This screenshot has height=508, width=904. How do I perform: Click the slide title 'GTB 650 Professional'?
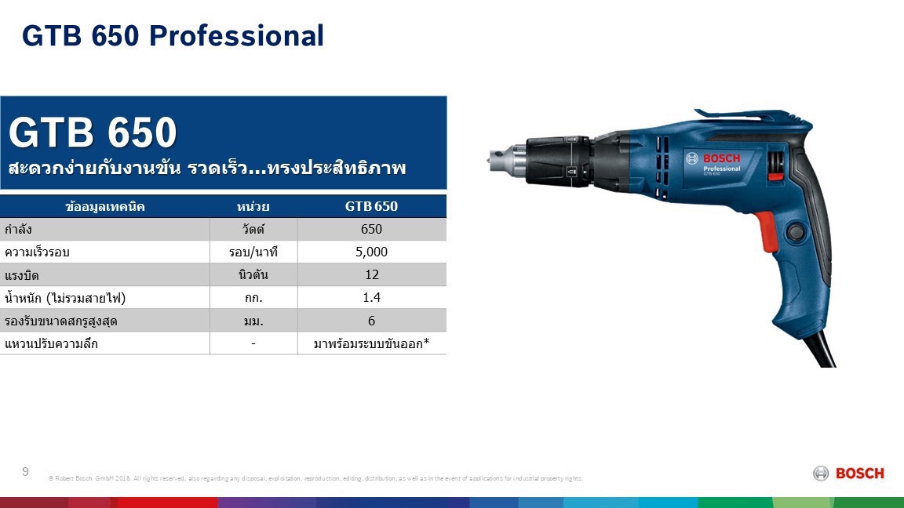(173, 36)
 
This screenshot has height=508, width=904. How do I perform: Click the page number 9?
(26, 471)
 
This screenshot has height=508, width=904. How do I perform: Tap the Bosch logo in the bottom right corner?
(848, 473)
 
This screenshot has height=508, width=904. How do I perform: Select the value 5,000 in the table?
(371, 252)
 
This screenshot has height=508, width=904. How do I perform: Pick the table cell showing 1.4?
(371, 298)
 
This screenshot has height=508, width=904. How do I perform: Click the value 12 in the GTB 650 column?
(371, 274)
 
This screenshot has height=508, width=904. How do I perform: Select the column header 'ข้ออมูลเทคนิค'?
(105, 206)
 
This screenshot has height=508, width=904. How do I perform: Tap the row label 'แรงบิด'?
(22, 275)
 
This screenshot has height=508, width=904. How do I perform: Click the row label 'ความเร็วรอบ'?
(38, 252)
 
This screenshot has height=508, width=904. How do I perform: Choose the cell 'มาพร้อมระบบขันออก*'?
(371, 343)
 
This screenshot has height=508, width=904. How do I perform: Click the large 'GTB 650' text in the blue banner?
(93, 133)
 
